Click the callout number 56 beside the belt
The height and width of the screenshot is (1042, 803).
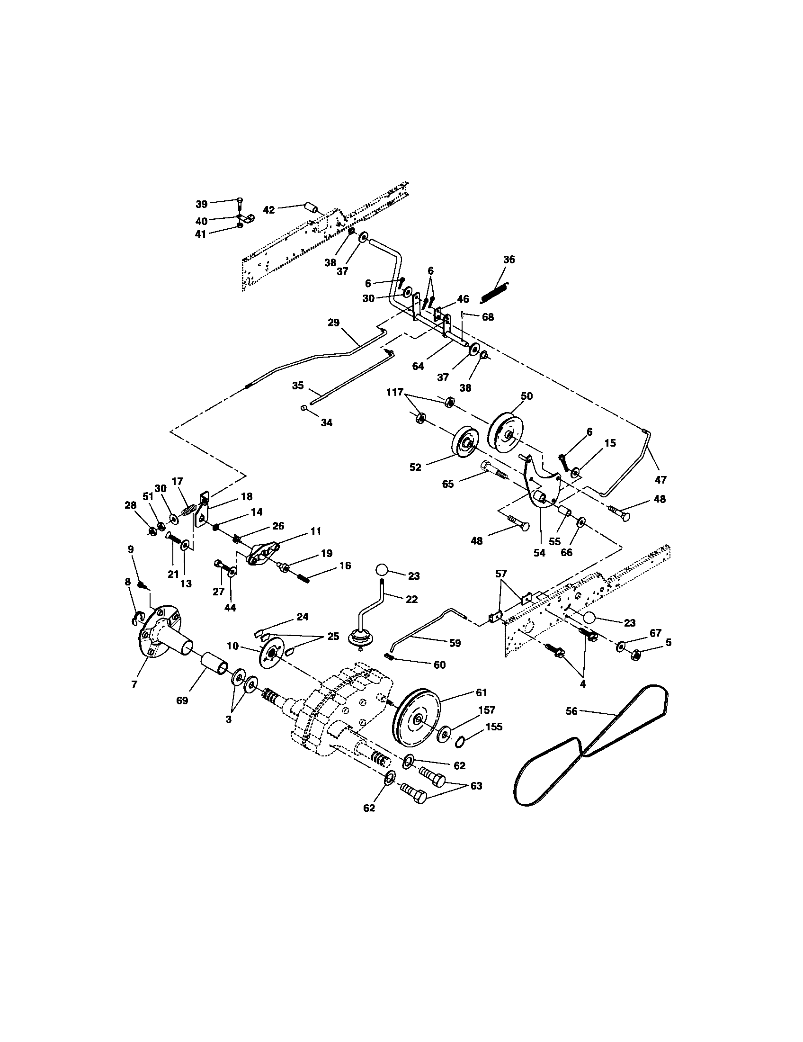(571, 711)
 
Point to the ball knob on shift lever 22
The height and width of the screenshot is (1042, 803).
(382, 570)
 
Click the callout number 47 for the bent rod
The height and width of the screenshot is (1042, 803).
(661, 479)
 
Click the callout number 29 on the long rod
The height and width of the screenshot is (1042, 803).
(333, 323)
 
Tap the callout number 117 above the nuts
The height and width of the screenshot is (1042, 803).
(395, 393)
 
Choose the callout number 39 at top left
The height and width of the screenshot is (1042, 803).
(201, 204)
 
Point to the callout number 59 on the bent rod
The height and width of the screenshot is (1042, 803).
(455, 643)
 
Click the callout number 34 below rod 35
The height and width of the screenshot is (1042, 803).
(326, 422)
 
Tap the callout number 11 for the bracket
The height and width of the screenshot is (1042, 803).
(315, 530)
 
